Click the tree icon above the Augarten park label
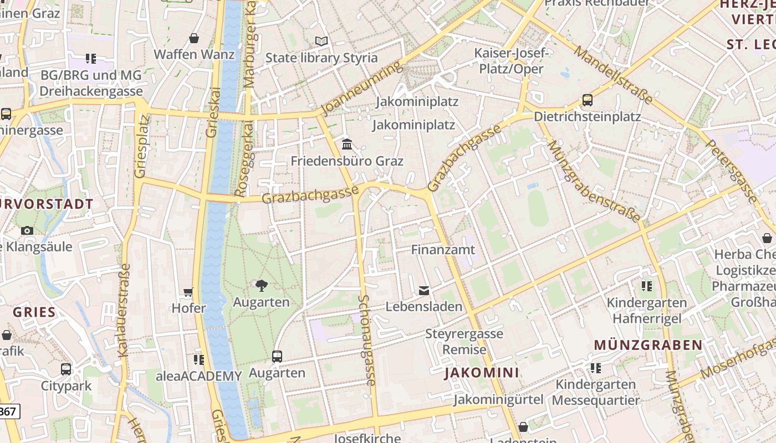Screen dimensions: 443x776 coord(261,286)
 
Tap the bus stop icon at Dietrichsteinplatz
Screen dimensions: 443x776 coord(587,100)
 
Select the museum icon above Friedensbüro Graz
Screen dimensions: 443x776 coord(347,145)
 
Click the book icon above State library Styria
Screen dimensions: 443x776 coord(321,41)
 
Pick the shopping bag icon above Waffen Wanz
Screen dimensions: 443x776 coord(194,38)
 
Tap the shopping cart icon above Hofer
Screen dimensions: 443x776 coord(188,292)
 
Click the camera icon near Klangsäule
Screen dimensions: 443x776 coord(27,230)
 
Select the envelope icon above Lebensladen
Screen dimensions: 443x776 coord(424,290)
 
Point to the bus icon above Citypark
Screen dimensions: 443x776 coord(65,369)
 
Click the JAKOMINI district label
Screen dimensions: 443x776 coord(482,373)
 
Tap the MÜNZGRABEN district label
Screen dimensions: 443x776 coord(648,345)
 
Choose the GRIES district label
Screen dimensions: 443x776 coord(34,312)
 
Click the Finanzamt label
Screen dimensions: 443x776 coord(443,250)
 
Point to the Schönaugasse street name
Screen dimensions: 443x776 coord(367,340)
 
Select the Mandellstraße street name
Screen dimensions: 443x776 coord(613,74)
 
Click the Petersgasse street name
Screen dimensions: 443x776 coord(731,171)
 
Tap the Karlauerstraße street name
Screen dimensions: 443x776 coord(124,310)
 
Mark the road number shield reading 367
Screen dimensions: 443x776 coord(8,411)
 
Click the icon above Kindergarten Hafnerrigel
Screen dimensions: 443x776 coord(646,286)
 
